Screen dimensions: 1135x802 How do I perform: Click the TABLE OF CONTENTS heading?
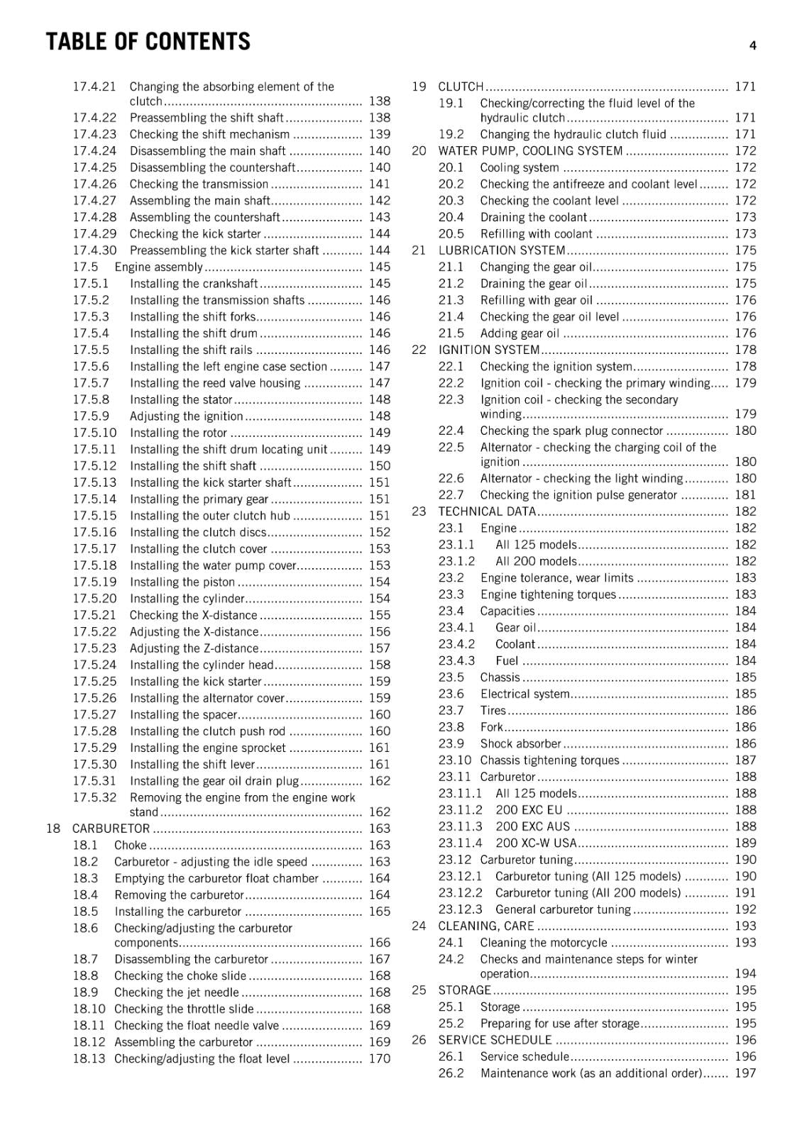click(x=148, y=42)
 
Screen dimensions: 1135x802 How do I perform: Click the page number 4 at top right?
click(x=752, y=45)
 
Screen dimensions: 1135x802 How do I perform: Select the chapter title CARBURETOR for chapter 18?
click(x=111, y=829)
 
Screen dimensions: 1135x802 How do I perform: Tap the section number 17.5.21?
click(x=94, y=615)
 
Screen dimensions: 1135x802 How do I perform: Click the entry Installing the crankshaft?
click(x=194, y=284)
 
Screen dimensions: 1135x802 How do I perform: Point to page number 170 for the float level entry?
click(x=380, y=1058)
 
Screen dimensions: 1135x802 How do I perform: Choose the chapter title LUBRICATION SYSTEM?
click(x=502, y=250)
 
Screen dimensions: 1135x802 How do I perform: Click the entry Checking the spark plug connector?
click(x=571, y=431)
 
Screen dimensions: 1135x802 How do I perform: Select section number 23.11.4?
click(x=460, y=843)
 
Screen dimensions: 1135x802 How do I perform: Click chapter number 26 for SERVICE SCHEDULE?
click(x=419, y=1040)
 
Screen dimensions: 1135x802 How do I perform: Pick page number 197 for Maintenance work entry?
click(x=745, y=1073)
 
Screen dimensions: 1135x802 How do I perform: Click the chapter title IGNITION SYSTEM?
click(x=489, y=350)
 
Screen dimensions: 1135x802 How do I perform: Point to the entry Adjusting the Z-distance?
click(x=194, y=648)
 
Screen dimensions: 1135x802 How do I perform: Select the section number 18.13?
click(x=89, y=1058)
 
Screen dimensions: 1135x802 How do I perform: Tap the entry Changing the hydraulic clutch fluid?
click(x=573, y=135)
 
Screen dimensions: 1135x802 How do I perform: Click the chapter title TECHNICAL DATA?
click(x=487, y=511)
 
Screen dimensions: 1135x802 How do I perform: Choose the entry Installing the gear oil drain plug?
click(x=214, y=781)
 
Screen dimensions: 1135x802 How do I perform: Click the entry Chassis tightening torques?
click(x=549, y=760)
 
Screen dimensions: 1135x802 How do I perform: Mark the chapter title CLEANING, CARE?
click(x=486, y=926)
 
